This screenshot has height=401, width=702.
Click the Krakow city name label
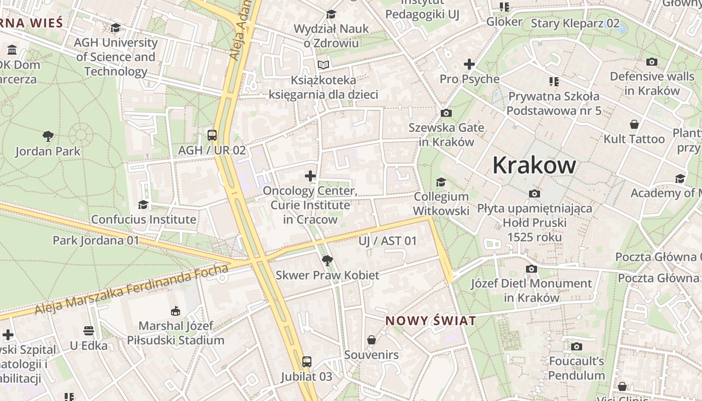pos(534,165)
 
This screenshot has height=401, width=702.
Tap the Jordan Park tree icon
pos(48,135)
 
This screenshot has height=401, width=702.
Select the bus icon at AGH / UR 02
pos(212,135)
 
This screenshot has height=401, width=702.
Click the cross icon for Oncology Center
pos(310,175)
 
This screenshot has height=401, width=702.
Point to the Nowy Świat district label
pos(430,321)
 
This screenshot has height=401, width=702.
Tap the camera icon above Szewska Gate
pos(446,113)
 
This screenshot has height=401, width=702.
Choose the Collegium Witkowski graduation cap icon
pos(441,181)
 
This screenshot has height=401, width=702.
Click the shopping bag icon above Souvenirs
pos(372,340)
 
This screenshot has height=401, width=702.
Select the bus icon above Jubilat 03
pos(306,361)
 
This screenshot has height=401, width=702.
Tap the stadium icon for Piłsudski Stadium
pos(175,311)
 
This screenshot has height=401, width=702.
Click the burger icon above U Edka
pos(89,331)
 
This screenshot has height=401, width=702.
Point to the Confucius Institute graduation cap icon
pos(143,205)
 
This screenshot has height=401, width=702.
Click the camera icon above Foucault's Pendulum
pos(577,346)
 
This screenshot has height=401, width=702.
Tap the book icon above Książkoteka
pos(323,65)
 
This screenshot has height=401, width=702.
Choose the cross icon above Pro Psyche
pos(469,64)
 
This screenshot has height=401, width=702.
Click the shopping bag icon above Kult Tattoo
pos(634,124)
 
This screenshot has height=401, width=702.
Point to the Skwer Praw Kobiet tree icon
pos(327,260)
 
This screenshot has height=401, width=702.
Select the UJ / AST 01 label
pos(388,241)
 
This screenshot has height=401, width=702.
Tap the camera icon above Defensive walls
pos(652,62)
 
